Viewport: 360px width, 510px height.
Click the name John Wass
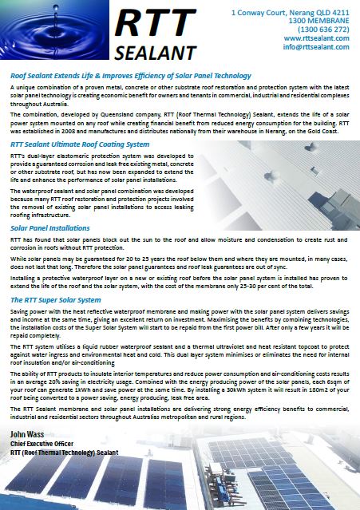[x=27, y=432]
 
